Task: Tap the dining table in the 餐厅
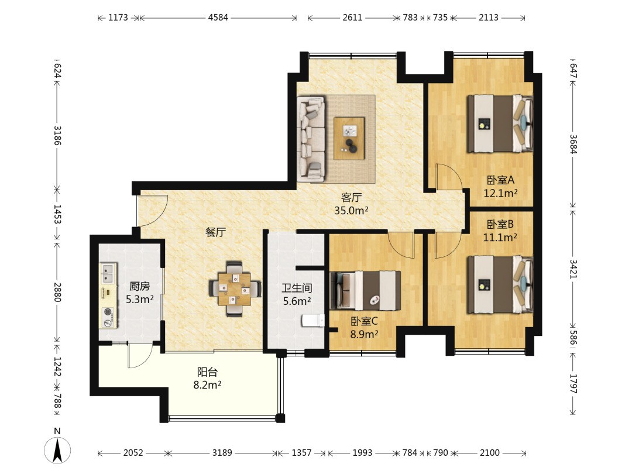pyautogui.click(x=235, y=288)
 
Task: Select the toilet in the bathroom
pyautogui.click(x=312, y=321)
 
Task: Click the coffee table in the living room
pyautogui.click(x=349, y=138)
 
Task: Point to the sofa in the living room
pyautogui.click(x=311, y=139)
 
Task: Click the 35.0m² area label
pyautogui.click(x=351, y=211)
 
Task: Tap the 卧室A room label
pyautogui.click(x=500, y=180)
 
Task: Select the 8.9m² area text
pyautogui.click(x=364, y=334)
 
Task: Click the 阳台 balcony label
pyautogui.click(x=207, y=372)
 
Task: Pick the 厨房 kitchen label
pyautogui.click(x=139, y=286)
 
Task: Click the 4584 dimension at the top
pyautogui.click(x=218, y=18)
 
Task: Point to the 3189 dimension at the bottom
pyautogui.click(x=222, y=452)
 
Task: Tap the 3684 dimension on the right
pyautogui.click(x=573, y=144)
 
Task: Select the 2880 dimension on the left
pyautogui.click(x=57, y=292)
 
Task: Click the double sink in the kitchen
pyautogui.click(x=108, y=273)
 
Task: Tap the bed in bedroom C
pyautogui.click(x=365, y=291)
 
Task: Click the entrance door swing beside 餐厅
pyautogui.click(x=152, y=211)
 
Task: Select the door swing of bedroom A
pyautogui.click(x=449, y=177)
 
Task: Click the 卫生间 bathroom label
pyautogui.click(x=297, y=288)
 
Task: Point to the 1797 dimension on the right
pyautogui.click(x=573, y=384)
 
